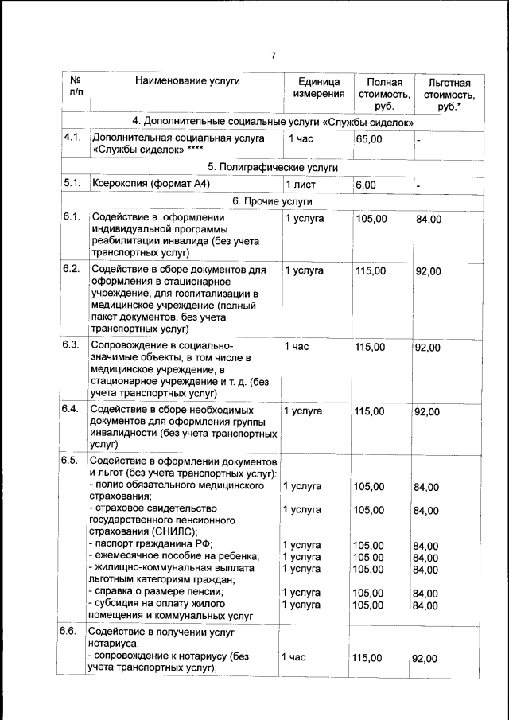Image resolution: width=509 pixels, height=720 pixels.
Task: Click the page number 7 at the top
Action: (272, 56)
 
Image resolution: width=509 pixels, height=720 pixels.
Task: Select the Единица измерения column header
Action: (319, 88)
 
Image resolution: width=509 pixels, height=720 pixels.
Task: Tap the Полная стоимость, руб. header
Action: (383, 94)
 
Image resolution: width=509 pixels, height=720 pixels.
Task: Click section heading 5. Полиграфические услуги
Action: (273, 167)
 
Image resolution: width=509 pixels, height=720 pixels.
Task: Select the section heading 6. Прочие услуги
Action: (273, 201)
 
